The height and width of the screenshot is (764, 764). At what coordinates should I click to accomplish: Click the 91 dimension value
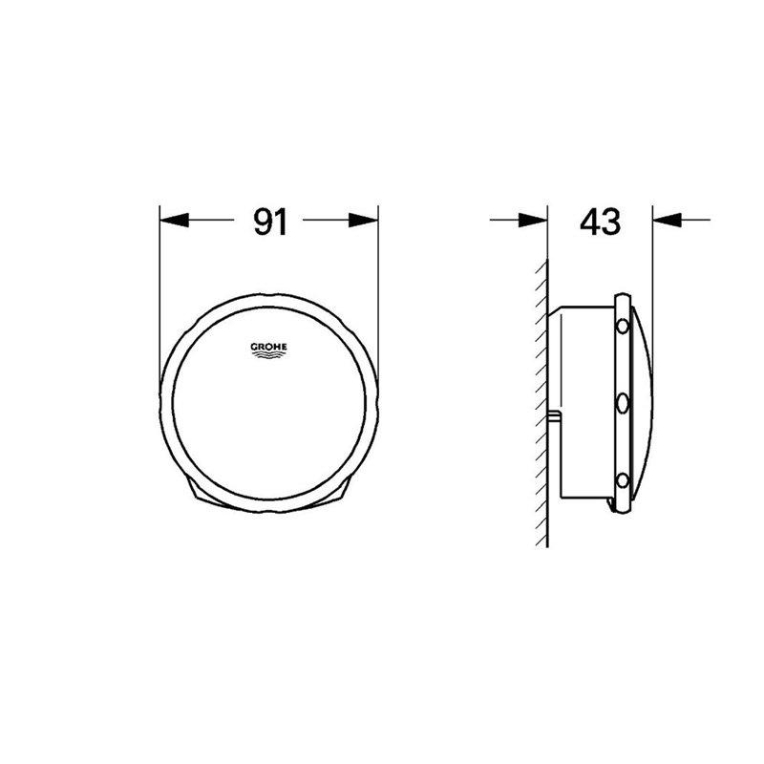click(x=270, y=222)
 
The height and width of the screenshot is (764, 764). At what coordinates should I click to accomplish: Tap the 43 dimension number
click(x=600, y=222)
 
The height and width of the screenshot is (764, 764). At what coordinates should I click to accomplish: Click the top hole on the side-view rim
click(x=624, y=327)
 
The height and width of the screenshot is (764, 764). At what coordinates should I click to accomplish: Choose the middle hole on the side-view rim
click(x=624, y=402)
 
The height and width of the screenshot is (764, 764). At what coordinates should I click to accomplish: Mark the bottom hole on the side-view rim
click(x=624, y=478)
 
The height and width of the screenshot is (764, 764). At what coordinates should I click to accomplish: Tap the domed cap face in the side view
click(x=642, y=401)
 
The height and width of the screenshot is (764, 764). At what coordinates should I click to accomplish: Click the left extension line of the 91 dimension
click(x=159, y=286)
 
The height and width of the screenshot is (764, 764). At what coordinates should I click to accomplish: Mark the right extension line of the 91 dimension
click(x=378, y=286)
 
